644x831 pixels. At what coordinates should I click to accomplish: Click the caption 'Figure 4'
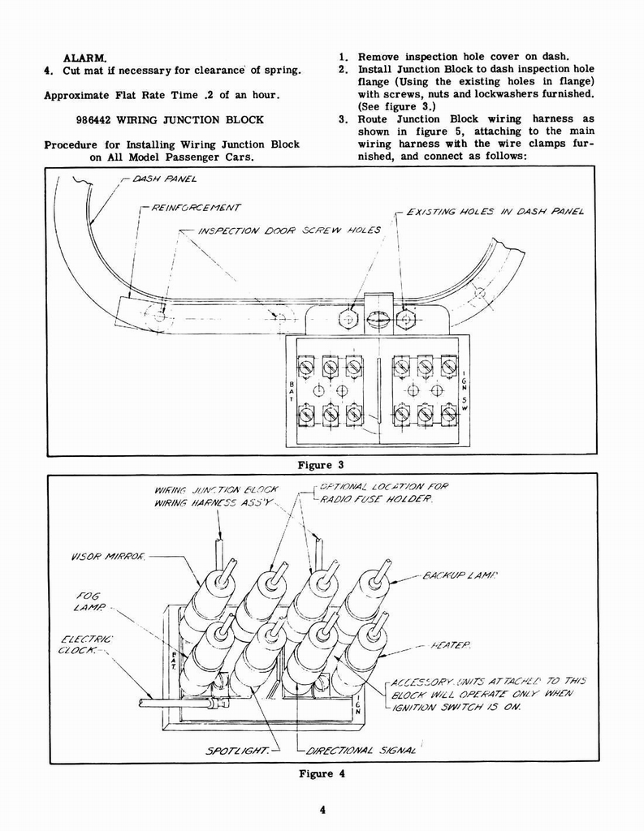pos(322,773)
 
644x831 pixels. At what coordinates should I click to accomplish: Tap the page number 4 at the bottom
pos(322,808)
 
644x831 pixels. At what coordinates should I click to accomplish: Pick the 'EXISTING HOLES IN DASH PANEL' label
pos(495,212)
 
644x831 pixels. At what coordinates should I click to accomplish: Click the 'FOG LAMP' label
pos(86,601)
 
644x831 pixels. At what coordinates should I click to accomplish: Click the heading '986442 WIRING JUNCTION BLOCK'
pos(169,119)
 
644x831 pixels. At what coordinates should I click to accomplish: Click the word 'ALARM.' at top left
pos(85,58)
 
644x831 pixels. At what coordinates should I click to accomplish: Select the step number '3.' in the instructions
pos(344,119)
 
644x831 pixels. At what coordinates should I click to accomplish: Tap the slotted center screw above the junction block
pos(377,319)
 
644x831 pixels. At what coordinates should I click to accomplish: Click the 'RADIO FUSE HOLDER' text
pos(377,500)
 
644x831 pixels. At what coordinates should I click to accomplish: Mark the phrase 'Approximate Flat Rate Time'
pos(112,95)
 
